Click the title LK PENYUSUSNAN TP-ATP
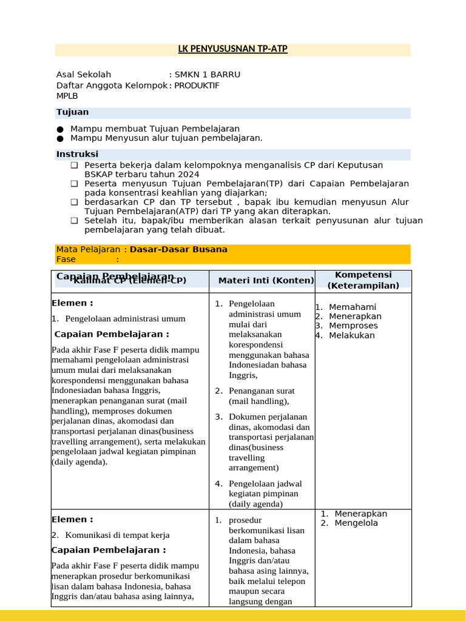point(232,49)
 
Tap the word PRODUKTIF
point(197,86)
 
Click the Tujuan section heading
point(72,112)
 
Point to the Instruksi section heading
point(77,154)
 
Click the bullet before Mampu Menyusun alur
point(59,138)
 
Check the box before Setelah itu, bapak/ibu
point(74,221)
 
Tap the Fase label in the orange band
point(66,259)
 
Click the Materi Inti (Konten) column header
point(266,280)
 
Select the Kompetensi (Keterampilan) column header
point(363,280)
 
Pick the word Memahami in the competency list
point(353,307)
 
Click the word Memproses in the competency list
point(353,326)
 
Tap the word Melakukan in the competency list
point(352,335)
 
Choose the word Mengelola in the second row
point(356,523)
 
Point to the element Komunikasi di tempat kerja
point(117,535)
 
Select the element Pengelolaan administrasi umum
point(125,318)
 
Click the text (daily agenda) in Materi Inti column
point(255,504)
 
